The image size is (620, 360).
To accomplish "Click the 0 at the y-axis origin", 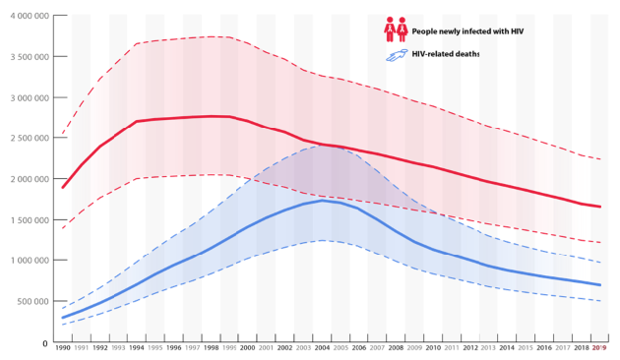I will coord(43,342).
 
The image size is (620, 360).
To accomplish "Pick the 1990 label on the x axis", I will coord(62,349).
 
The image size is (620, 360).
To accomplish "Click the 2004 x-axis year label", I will coord(321,349).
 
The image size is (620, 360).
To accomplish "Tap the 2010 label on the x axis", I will coord(432,349).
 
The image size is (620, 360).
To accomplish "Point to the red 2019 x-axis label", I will coord(599,349).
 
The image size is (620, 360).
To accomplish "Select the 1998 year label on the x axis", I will coord(210,349).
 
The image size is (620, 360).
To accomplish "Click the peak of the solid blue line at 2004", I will coord(321,201).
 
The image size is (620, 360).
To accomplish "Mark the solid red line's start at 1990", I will coord(63,187).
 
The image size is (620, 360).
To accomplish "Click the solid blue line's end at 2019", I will coord(599,285).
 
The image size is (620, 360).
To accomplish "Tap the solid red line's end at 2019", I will coord(599,207).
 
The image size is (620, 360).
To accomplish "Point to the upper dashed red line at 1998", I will coord(210,36).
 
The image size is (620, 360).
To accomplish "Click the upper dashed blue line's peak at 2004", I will coord(321,146).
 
